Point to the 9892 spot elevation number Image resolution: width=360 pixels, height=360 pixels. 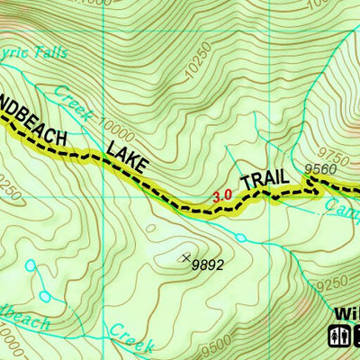pos(208,265)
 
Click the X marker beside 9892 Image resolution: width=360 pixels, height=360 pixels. pos(186,258)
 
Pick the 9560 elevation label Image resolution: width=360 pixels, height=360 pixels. pos(319,168)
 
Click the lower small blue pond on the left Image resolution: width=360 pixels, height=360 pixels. pos(44,296)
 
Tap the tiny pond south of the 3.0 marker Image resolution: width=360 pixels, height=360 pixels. pos(241,237)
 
